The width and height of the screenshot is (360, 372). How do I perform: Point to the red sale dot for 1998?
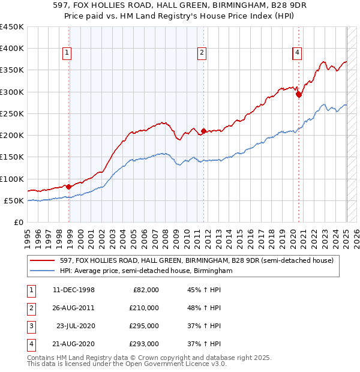tap(69, 187)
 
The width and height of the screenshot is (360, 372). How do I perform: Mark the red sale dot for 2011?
tap(204, 131)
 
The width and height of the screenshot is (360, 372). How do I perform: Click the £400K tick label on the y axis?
tap(12, 49)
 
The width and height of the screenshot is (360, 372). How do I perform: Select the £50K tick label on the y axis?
tap(14, 200)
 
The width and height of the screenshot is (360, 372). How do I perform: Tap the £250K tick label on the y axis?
tap(12, 113)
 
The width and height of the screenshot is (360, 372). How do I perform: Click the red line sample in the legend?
tap(43, 260)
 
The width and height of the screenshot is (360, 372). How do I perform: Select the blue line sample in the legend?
tap(43, 271)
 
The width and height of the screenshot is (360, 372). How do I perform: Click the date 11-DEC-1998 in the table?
tap(74, 290)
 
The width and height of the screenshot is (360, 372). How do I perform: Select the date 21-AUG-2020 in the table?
tap(74, 344)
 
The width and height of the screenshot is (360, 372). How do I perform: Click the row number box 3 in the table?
tap(29, 326)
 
